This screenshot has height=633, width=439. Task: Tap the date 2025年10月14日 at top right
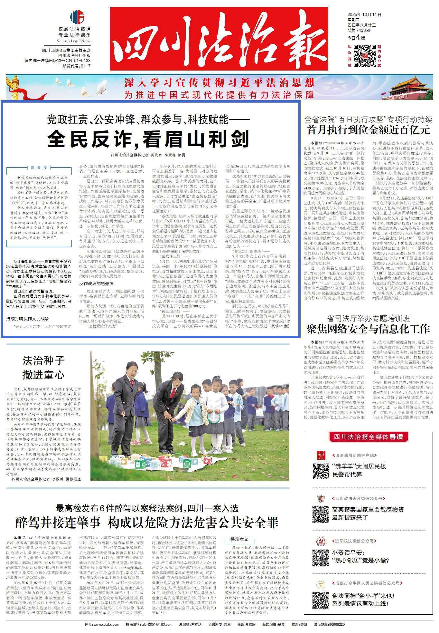click(x=364, y=15)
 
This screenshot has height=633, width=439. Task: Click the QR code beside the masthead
click(x=364, y=56)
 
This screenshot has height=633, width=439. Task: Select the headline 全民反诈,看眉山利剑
click(x=148, y=139)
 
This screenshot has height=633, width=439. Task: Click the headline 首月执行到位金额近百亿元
click(x=369, y=130)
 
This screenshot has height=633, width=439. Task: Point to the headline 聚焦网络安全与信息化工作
click(x=369, y=329)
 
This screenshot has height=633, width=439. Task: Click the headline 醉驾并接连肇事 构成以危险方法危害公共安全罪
click(x=147, y=522)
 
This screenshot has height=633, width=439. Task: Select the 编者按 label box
click(x=39, y=168)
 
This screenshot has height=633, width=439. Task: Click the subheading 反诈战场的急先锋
click(x=96, y=283)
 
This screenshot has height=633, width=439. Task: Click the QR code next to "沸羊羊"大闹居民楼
click(x=321, y=471)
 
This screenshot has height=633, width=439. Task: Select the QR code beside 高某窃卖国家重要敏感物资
click(x=321, y=514)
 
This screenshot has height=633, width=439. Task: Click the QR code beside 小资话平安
click(x=321, y=557)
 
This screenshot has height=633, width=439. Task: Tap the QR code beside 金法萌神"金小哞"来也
click(x=321, y=600)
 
